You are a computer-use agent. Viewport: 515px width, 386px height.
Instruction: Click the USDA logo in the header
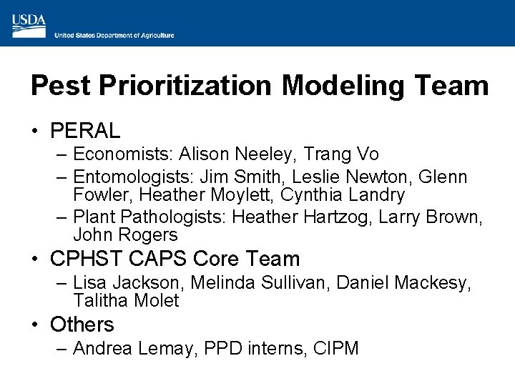point(29,25)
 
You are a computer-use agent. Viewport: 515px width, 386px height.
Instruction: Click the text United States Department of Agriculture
point(114,35)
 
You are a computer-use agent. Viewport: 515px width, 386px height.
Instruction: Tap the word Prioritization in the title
point(186,86)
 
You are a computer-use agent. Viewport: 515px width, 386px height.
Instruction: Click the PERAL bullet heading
point(85,131)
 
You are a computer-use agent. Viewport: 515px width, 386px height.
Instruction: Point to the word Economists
point(123,154)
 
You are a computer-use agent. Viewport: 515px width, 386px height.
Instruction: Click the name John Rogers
point(125,234)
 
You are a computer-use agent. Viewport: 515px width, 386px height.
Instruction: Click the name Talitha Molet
point(126,301)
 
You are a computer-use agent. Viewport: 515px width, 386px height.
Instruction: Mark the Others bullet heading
point(82,325)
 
